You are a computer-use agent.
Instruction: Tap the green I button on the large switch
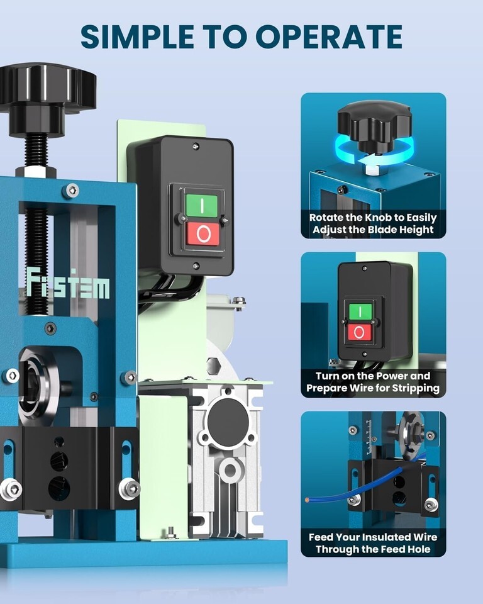pyautogui.click(x=202, y=206)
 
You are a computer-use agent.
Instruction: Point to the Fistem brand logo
pyautogui.click(x=68, y=284)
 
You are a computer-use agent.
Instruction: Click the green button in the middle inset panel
pyautogui.click(x=360, y=311)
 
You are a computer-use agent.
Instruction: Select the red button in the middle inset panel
pyautogui.click(x=360, y=332)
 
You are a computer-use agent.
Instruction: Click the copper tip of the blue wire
pyautogui.click(x=307, y=500)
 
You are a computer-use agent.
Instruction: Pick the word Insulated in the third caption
pyautogui.click(x=386, y=537)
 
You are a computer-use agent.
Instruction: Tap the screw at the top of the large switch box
pyautogui.click(x=196, y=147)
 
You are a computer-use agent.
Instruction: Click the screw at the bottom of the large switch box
pyautogui.click(x=196, y=266)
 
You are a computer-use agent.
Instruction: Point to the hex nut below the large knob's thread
pyautogui.click(x=36, y=171)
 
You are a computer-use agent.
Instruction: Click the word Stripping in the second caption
pyautogui.click(x=415, y=388)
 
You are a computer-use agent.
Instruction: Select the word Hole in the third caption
pyautogui.click(x=417, y=549)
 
